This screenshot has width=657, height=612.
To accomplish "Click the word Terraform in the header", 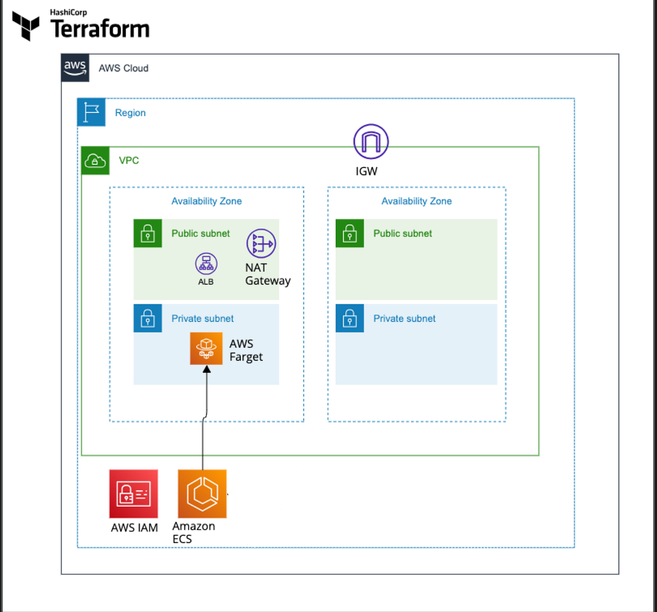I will pos(100,29).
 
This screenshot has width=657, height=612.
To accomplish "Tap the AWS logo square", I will pos(75,68).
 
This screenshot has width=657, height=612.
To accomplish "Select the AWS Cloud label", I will pos(123,68).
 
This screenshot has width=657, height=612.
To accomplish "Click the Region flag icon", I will pos(91,112).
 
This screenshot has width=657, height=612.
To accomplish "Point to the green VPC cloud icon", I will pos(95,160).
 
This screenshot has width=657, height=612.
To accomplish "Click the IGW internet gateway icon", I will pos(371,142).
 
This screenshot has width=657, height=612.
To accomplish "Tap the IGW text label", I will pos(366,171).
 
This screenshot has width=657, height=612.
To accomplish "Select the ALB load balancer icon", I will pos(206,264).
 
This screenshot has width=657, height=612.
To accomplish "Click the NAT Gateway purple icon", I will pos(261,243).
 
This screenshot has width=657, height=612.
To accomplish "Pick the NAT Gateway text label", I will pos(267,274).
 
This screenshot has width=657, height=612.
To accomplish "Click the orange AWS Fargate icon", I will pos(206,348).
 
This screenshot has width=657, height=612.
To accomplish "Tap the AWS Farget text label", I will pos(245,350).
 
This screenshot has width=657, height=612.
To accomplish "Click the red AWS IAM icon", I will pos(134,494).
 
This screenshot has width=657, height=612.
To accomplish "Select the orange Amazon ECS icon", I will pos(202,494).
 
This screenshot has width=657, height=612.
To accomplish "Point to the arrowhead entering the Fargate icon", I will pos(206,370).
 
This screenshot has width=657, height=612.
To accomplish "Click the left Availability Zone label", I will pos(206,201).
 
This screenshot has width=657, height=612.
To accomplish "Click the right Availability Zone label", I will pos(416,201).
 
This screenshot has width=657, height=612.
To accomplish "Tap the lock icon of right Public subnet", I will pos(350,234).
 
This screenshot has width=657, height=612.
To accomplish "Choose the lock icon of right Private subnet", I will pos(350,318).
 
